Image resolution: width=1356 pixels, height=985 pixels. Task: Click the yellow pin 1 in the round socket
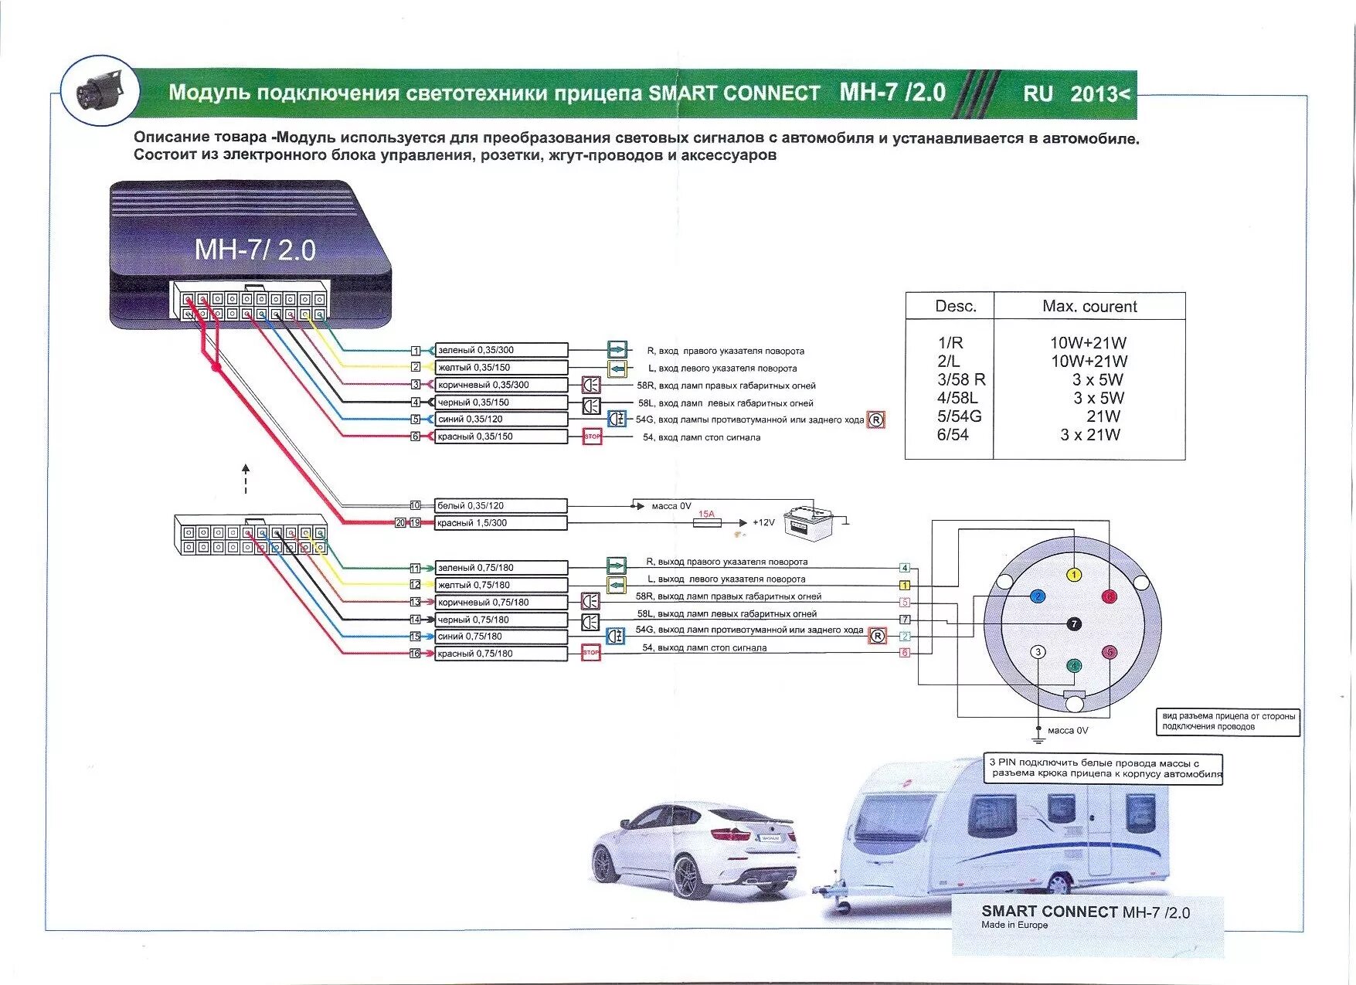coord(1073,575)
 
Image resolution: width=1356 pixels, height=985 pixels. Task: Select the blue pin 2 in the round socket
coord(1038,596)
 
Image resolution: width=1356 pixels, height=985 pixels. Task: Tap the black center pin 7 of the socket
coord(1073,623)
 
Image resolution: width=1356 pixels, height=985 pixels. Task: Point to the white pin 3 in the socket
coord(1038,652)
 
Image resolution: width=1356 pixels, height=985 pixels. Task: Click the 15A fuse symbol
coord(708,523)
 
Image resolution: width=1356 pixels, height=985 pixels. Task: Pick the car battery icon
coord(805,521)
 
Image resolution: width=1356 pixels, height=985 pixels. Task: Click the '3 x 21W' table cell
coord(1089,435)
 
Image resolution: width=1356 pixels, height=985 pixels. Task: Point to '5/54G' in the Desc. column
coord(959,416)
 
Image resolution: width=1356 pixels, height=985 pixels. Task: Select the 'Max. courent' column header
coord(1089,307)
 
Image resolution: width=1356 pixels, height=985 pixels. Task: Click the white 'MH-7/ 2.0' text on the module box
coord(255,250)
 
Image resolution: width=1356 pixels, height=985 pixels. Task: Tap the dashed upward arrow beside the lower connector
coord(246,478)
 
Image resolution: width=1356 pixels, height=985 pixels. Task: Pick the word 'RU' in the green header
coord(1038,93)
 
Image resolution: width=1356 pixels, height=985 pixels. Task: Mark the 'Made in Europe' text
coord(1014,925)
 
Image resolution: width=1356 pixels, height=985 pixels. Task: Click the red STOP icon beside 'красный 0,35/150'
coord(592,436)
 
